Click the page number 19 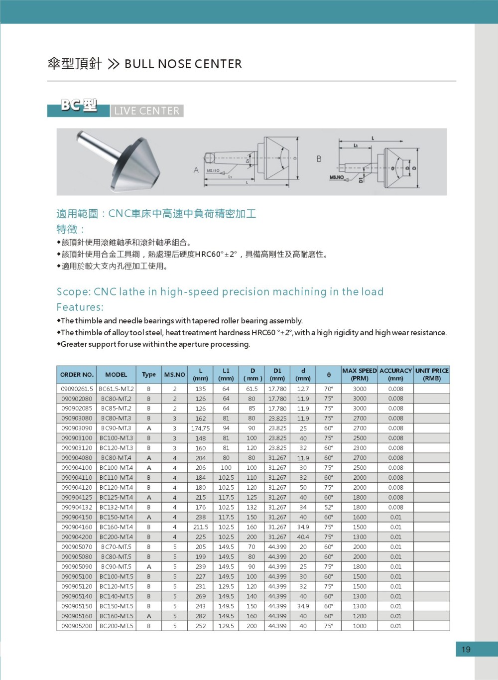click(x=466, y=649)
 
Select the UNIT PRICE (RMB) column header click(x=432, y=375)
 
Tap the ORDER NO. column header click(x=77, y=375)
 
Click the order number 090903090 click(x=77, y=428)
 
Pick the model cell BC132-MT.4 click(x=116, y=507)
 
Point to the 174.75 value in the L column click(x=200, y=428)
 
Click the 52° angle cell click(x=329, y=507)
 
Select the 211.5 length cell click(x=200, y=527)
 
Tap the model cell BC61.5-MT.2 click(x=116, y=389)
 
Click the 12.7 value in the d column click(x=303, y=389)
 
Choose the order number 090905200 click(x=77, y=626)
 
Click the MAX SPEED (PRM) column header click(x=360, y=375)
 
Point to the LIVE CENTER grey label click(x=146, y=111)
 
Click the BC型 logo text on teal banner click(x=79, y=106)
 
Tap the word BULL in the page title click(x=139, y=64)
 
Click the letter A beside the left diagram click(x=196, y=170)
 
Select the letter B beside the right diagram click(x=319, y=159)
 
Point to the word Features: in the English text click(x=80, y=307)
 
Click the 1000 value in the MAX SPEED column click(x=360, y=626)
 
